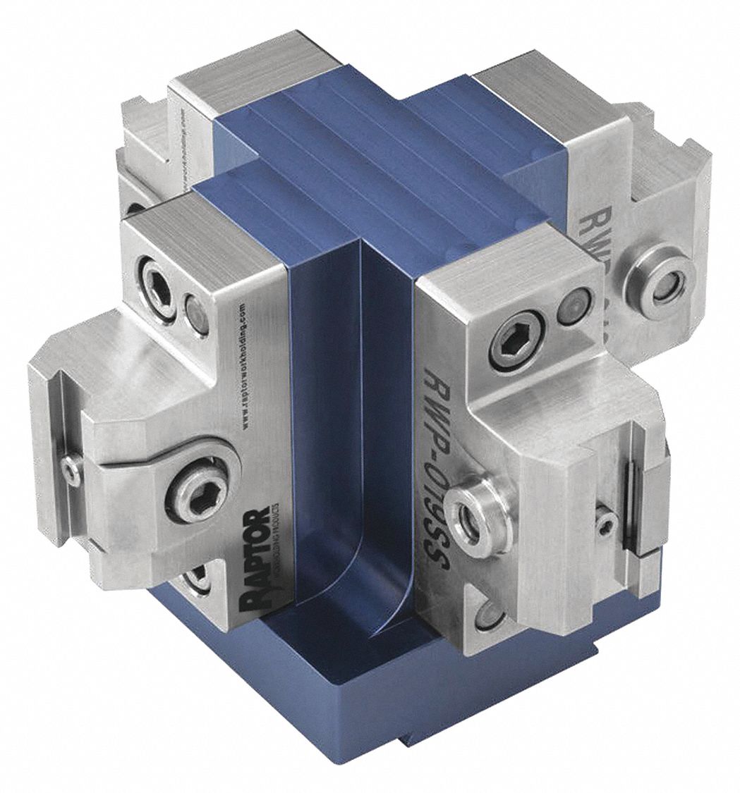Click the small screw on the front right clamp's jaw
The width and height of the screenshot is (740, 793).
pos(606,521)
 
